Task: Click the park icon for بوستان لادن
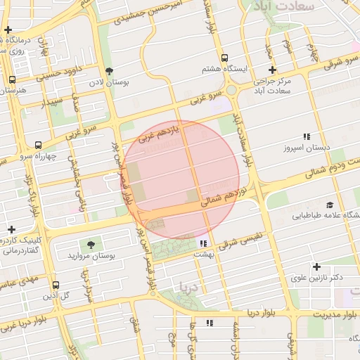[x=109, y=70]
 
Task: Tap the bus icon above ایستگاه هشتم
[x=224, y=58]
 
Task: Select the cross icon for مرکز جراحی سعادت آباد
[x=273, y=70]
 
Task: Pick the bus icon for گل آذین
[x=56, y=285]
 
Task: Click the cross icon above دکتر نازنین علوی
[x=317, y=266]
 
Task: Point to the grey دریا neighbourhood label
[x=190, y=286]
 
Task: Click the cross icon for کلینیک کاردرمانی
[x=11, y=229]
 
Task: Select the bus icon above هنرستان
[x=11, y=80]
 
